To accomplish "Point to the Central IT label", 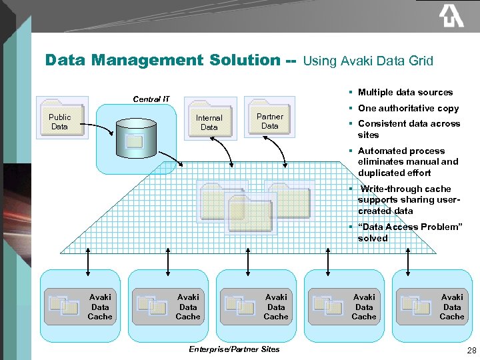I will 151,99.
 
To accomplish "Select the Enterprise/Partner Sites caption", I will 234,349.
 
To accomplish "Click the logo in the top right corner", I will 451,16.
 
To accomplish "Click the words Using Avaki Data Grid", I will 368,61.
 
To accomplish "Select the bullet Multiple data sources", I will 405,93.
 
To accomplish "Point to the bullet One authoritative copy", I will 408,108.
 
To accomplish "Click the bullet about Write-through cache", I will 408,200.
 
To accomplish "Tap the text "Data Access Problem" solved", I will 409,233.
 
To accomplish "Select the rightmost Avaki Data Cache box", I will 431,307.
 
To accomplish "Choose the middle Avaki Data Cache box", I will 255,307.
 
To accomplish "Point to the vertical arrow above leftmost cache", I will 89,258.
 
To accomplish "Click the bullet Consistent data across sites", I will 408,129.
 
